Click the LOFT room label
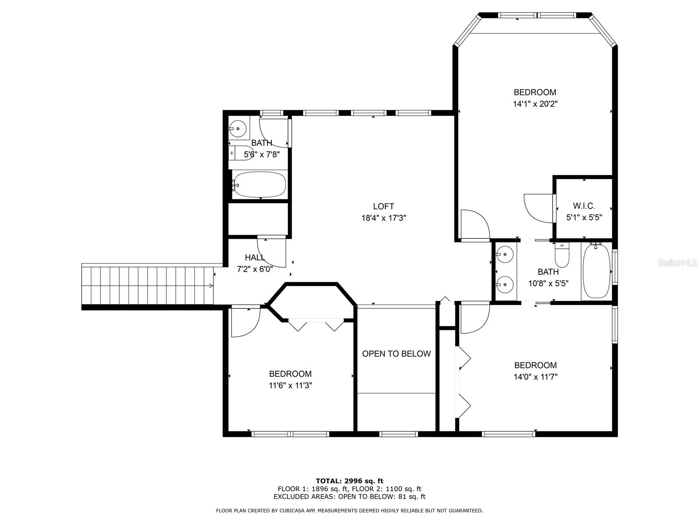[x=384, y=206]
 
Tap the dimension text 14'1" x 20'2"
[x=535, y=104]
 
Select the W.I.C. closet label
[x=584, y=206]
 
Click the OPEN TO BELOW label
[x=397, y=353]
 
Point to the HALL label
[x=255, y=257]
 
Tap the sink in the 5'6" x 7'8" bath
[x=238, y=128]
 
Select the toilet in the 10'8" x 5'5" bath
[x=562, y=255]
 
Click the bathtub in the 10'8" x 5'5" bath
[x=596, y=271]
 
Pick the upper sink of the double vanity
[x=505, y=254]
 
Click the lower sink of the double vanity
[x=505, y=284]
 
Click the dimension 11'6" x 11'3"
[x=290, y=385]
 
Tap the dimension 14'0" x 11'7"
[x=535, y=377]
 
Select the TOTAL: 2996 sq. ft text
[x=349, y=481]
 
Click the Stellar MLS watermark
[x=676, y=262]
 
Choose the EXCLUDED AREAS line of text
[x=349, y=496]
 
